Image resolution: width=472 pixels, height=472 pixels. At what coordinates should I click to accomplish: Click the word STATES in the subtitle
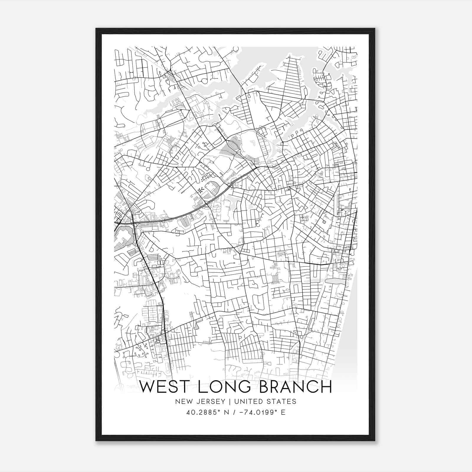click(x=282, y=401)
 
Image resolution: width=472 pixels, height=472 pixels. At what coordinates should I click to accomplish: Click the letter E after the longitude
click(x=283, y=412)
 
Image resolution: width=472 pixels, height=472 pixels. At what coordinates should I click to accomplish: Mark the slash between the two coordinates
click(x=234, y=412)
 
